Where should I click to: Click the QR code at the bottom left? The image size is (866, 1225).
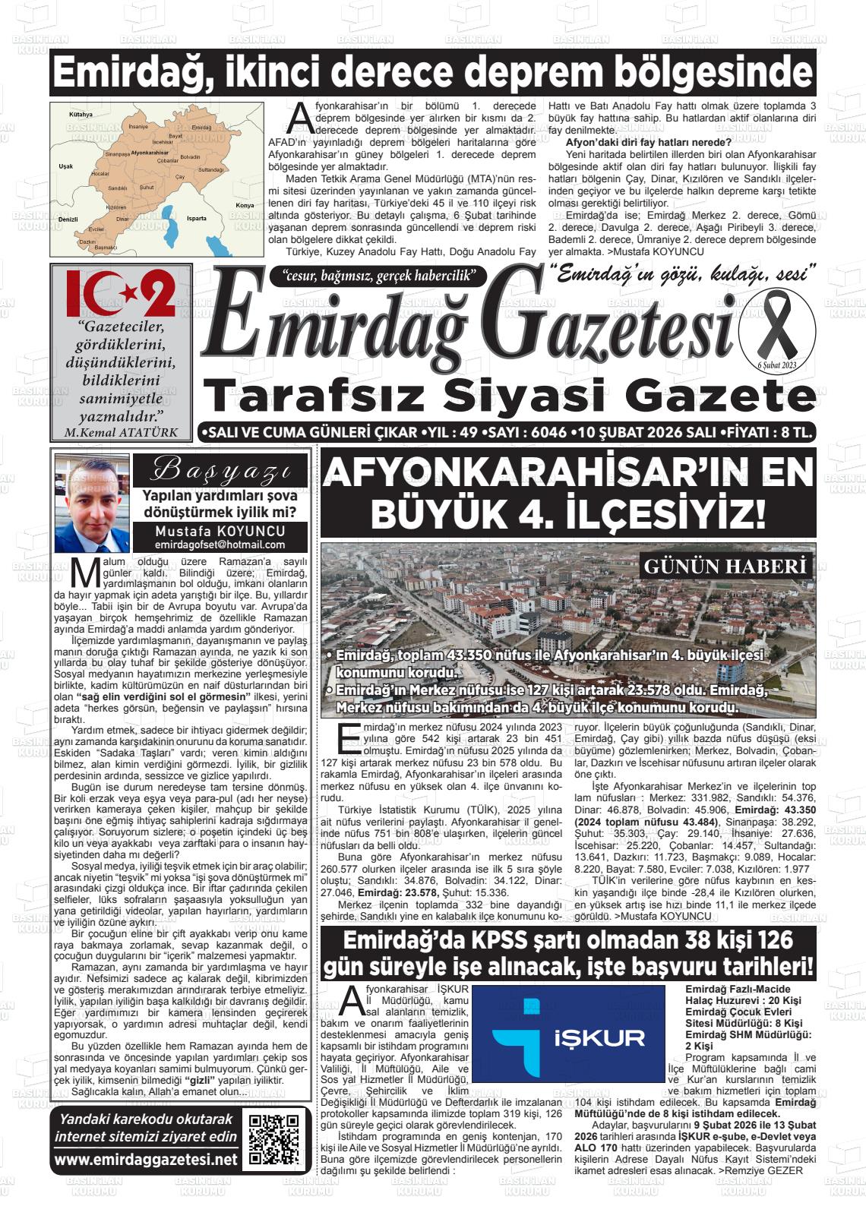274,1139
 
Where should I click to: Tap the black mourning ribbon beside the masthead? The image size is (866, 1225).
776,325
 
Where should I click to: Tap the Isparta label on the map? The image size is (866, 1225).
196,218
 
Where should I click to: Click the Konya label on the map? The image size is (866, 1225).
245,206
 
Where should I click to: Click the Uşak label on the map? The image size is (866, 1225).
66,166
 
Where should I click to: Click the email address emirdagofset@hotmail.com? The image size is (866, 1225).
220,545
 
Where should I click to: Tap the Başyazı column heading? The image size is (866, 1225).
220,471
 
